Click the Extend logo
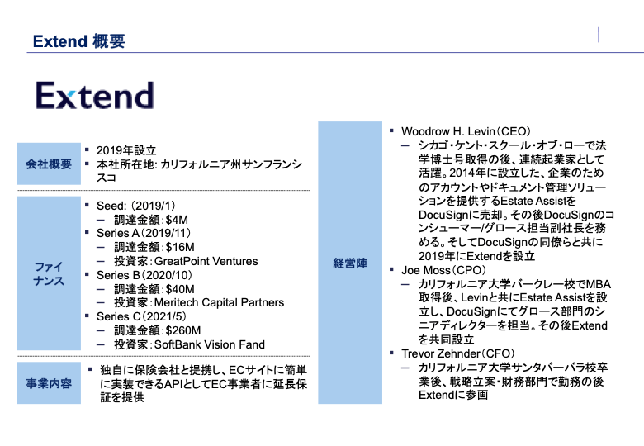94,96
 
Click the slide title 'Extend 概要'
78,40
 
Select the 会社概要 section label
49,164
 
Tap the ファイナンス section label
49,275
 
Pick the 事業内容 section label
49,383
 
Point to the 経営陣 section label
350,263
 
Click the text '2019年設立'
126,150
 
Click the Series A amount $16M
179,247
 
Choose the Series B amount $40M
179,289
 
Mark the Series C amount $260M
182,330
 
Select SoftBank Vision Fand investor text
213,344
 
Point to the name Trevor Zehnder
439,353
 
